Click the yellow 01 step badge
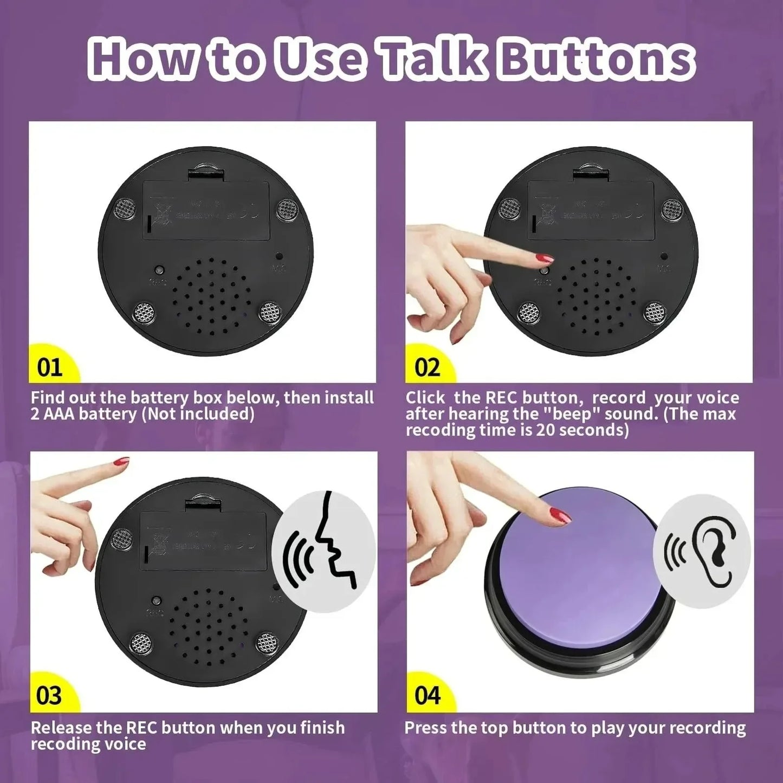50,367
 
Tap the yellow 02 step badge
427,367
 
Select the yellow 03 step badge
49,695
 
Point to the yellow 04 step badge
427,695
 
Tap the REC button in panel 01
159,269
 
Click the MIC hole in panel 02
664,256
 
